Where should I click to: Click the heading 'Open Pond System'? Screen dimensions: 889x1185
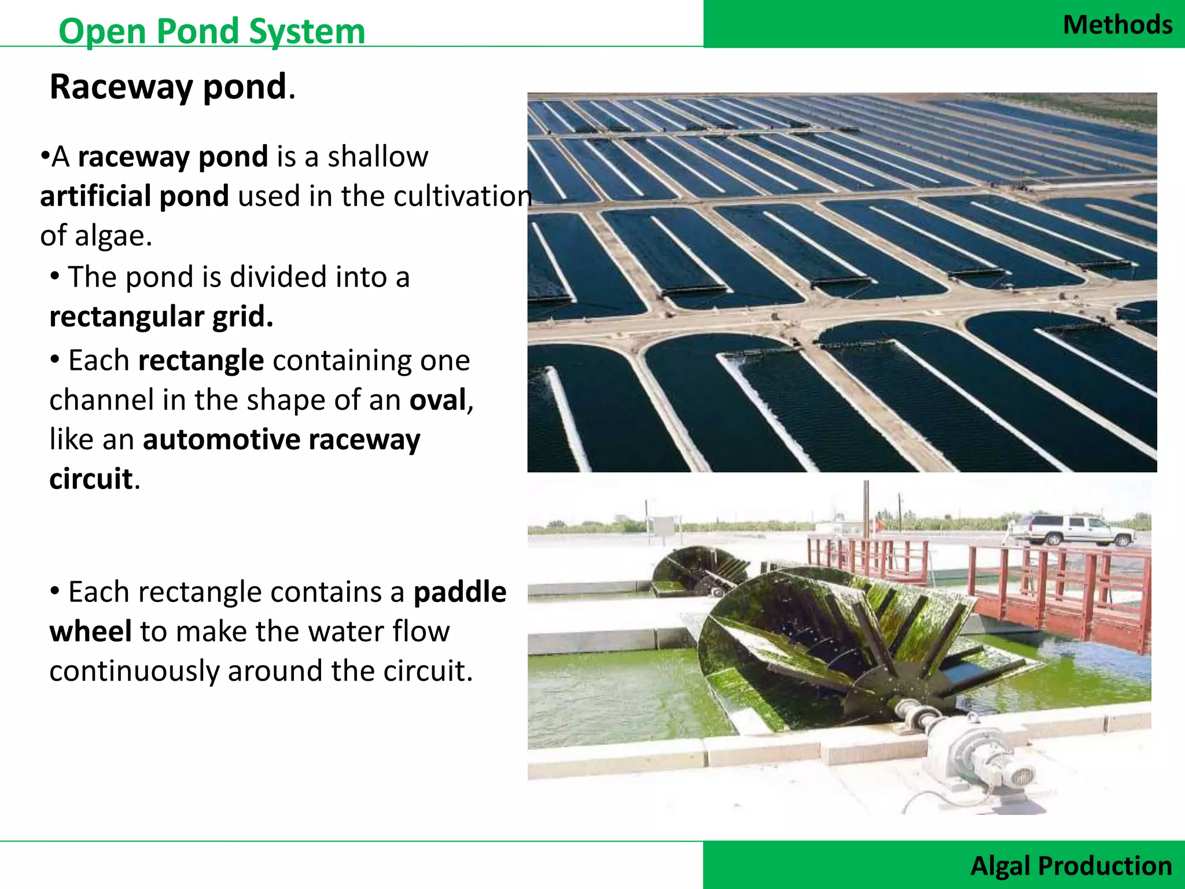tap(212, 31)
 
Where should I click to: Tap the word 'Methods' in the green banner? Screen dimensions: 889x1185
tap(1117, 25)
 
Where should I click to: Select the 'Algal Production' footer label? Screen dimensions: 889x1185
tap(1071, 866)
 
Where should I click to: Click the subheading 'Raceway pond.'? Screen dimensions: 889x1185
tap(172, 87)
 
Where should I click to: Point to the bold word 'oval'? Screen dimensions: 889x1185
tap(438, 400)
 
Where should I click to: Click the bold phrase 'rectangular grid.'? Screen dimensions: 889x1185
tap(161, 317)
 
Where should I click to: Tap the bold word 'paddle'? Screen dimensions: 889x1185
tap(460, 592)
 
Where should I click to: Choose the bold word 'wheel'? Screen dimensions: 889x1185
tap(90, 631)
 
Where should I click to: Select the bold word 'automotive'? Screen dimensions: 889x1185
tap(222, 439)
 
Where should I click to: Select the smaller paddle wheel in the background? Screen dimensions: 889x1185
tap(694, 570)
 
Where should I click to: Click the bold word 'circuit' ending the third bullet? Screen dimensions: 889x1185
tap(91, 479)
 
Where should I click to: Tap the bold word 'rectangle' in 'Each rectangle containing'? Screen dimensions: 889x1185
tap(201, 361)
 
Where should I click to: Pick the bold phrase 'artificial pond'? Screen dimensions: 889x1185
tap(134, 196)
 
